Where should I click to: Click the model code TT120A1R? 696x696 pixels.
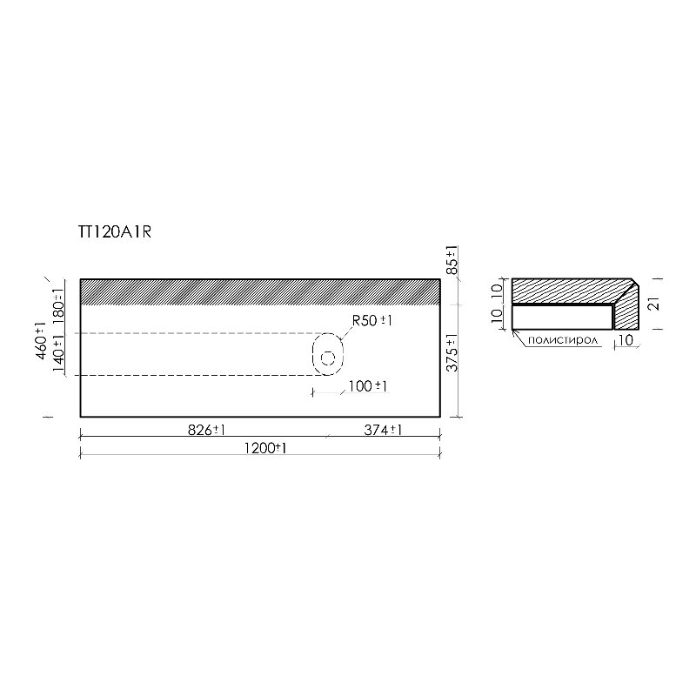tap(115, 232)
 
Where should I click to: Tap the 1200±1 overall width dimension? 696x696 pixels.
tap(265, 448)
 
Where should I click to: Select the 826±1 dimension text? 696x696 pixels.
tap(206, 430)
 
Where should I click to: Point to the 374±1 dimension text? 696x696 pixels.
tap(383, 430)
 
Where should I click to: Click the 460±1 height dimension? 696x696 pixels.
tap(40, 341)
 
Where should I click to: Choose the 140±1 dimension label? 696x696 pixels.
tap(58, 353)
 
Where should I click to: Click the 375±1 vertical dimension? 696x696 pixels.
tap(452, 353)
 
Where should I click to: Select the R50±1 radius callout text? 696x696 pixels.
tap(372, 320)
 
